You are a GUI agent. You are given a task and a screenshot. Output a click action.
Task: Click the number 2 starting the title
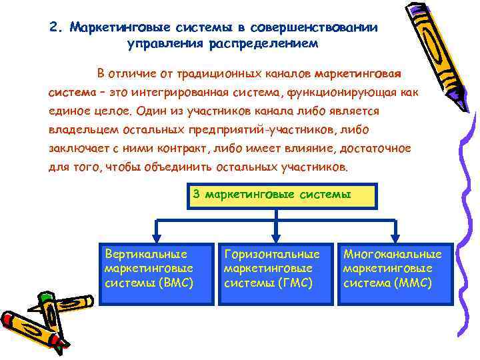(53, 28)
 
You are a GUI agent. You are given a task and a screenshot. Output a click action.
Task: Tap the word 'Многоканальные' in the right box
(392, 254)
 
